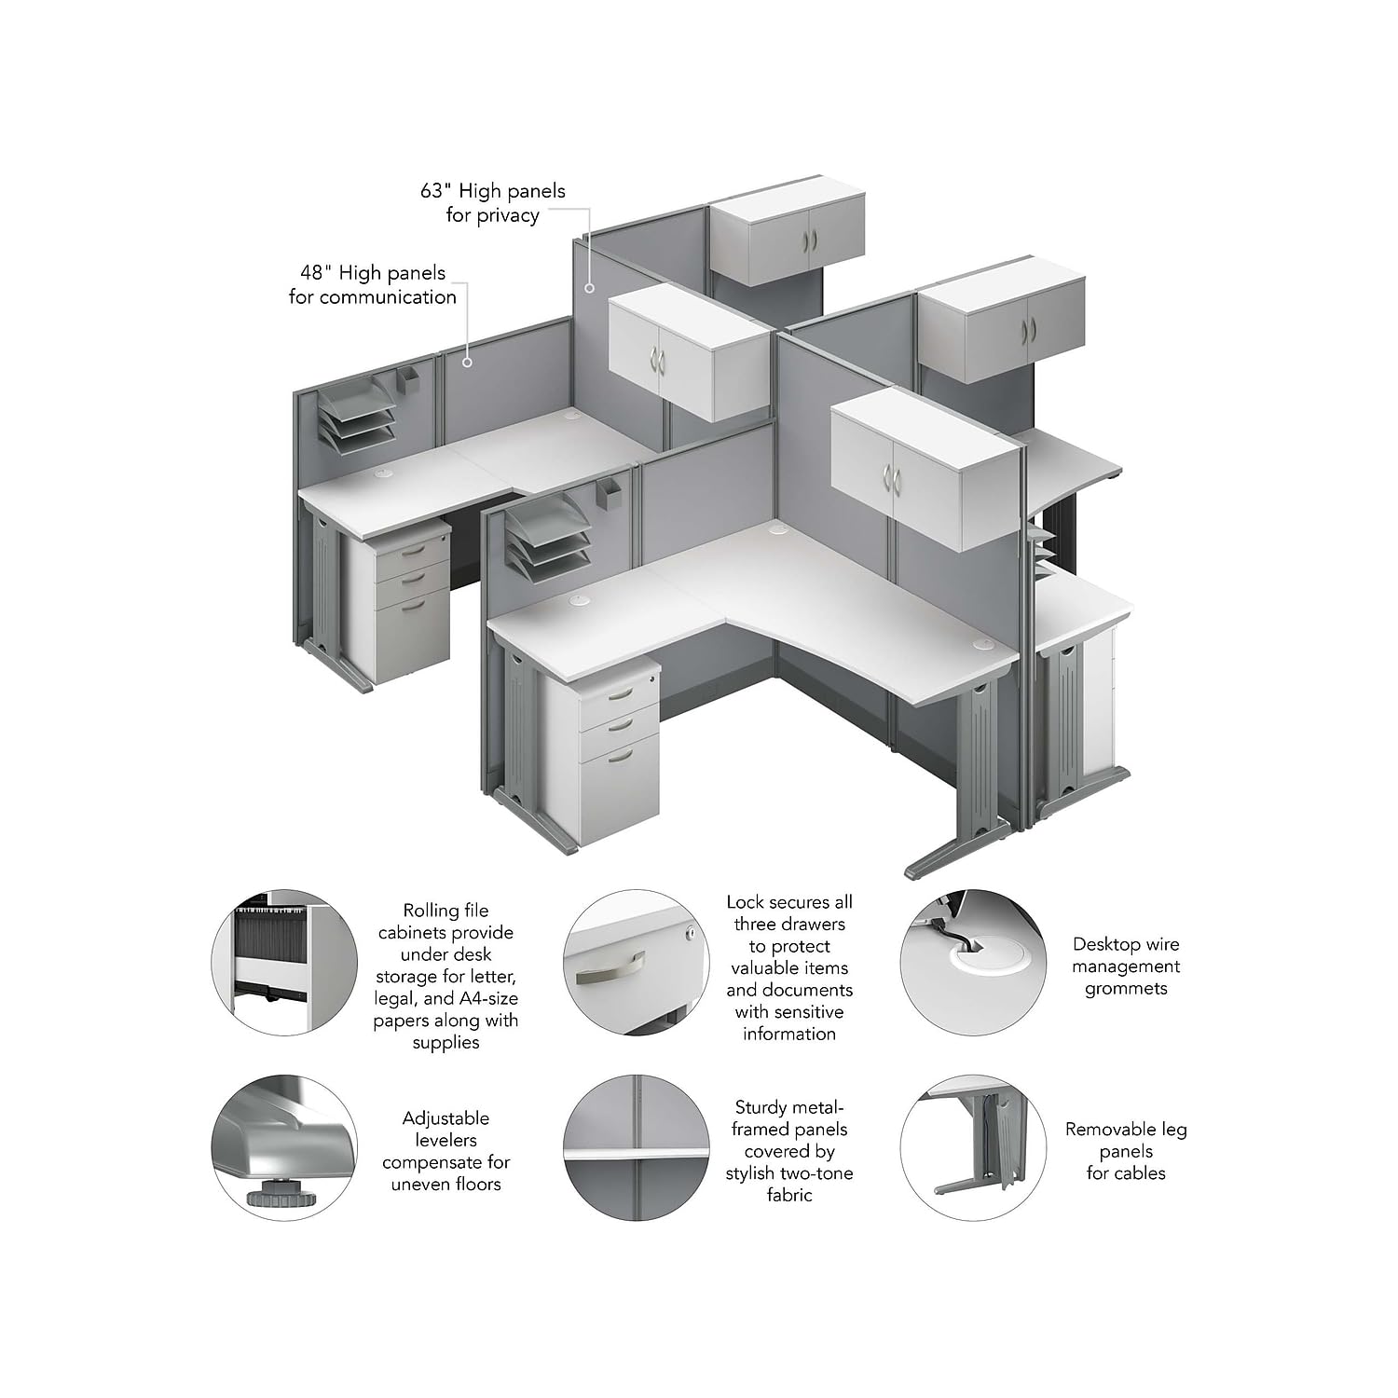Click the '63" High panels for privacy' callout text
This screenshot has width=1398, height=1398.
point(493,203)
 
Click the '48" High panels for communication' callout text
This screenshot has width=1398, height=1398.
point(373,285)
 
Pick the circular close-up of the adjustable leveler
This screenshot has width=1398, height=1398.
point(284,1148)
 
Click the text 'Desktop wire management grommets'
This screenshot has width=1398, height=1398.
point(1126,966)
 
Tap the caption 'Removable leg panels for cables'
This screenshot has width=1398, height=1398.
point(1126,1151)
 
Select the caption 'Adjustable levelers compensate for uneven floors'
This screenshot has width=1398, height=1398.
point(445,1151)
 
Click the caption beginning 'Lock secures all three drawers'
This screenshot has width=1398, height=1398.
point(789,967)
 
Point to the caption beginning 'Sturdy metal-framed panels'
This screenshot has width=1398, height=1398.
point(789,1151)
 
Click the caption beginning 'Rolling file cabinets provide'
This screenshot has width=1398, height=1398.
point(445,976)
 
